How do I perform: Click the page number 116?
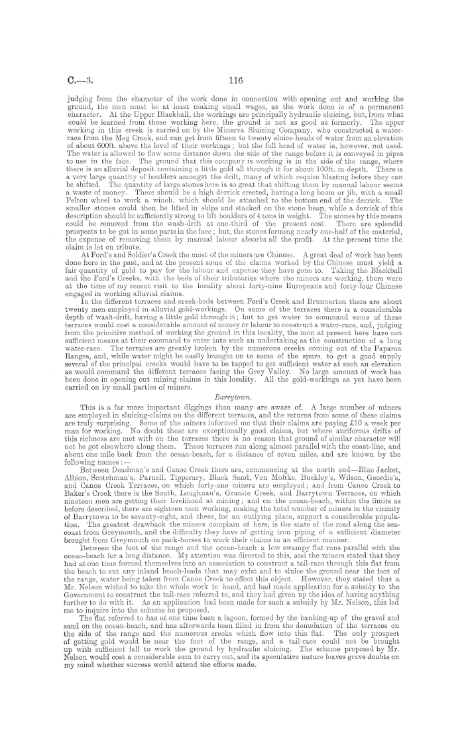click(x=231, y=80)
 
